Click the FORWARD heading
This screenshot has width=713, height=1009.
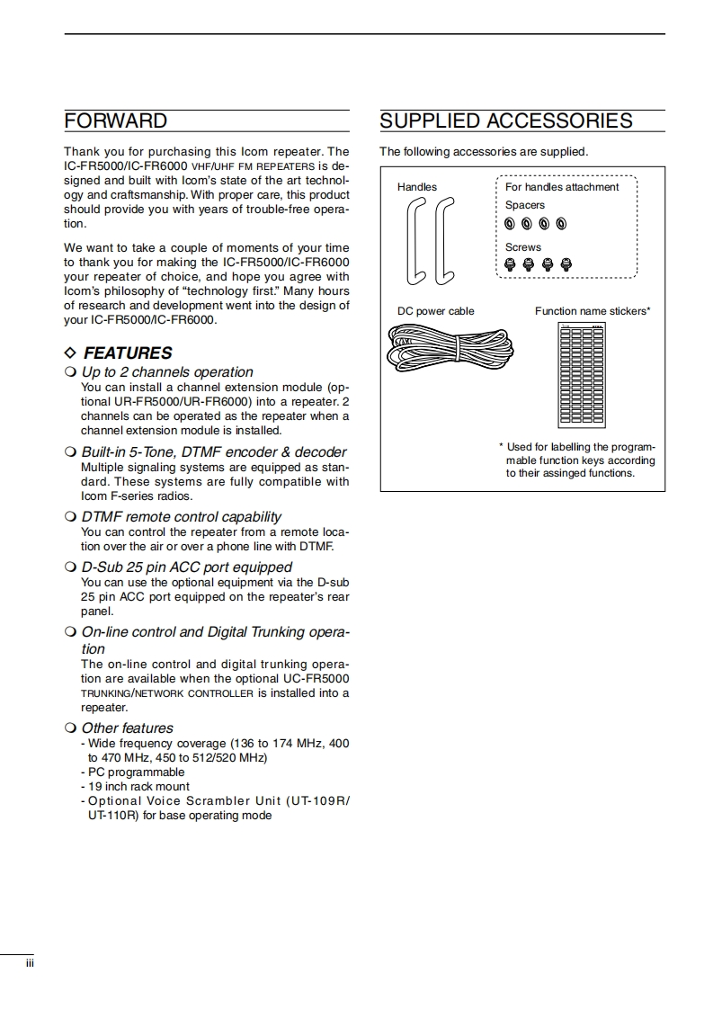coord(116,121)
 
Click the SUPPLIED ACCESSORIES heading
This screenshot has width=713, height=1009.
coord(506,121)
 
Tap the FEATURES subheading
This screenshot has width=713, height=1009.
coord(127,353)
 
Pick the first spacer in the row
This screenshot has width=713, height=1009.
coord(510,224)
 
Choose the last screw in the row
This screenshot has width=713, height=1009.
coord(566,264)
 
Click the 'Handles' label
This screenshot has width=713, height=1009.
coord(417,187)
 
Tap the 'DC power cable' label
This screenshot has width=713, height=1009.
coord(436,311)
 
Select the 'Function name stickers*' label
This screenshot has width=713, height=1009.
coord(593,311)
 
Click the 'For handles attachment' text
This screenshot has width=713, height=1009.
coord(562,187)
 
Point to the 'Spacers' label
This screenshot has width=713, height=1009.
coord(525,205)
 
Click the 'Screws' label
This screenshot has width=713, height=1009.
coord(523,247)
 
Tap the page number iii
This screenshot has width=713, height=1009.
coord(30,963)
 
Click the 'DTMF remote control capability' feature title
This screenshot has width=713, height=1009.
coord(181,517)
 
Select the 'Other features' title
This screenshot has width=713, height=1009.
coord(127,728)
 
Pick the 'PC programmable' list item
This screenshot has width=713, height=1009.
coord(136,772)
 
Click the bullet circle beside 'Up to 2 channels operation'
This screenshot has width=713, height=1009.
coord(70,372)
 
